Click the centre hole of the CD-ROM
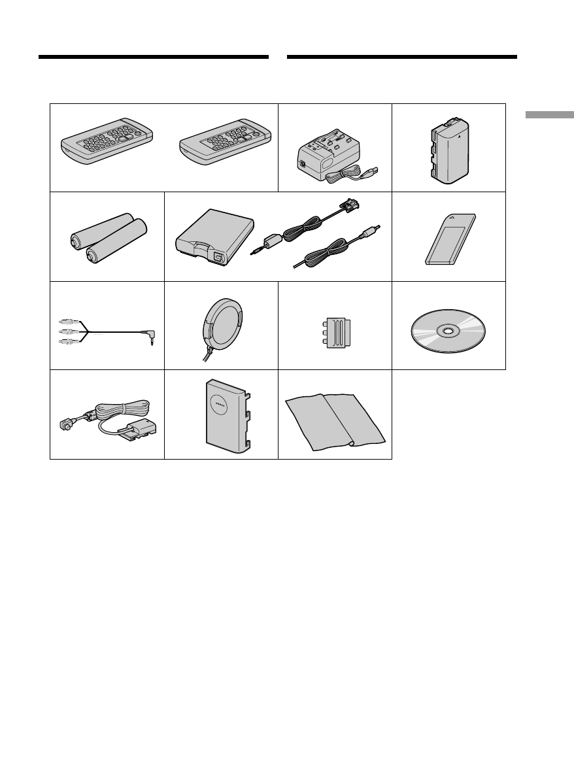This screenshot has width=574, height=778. click(x=448, y=331)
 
